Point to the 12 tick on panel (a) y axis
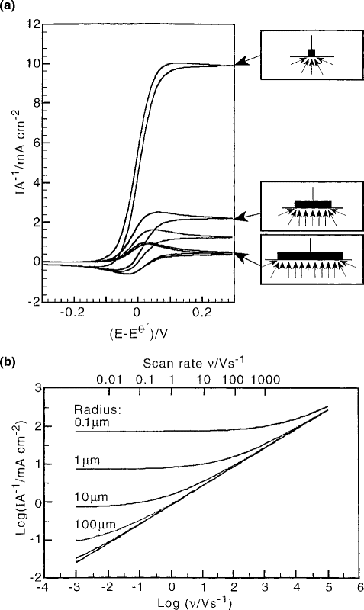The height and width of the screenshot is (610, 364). point(32,24)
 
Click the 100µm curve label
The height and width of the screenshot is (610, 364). point(92,522)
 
